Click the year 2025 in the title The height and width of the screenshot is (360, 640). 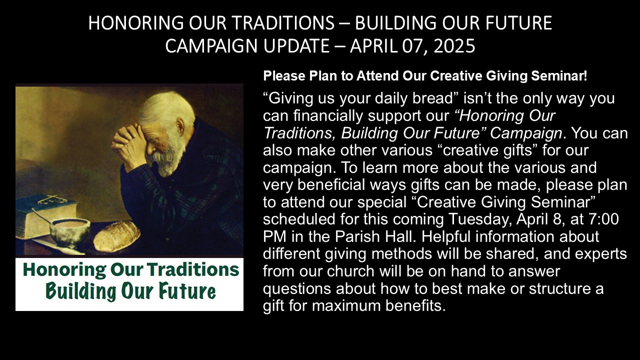click(454, 45)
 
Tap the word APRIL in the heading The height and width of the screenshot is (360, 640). click(373, 45)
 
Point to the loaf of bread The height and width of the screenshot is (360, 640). click(117, 236)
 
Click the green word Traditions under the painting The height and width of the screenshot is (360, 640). click(193, 269)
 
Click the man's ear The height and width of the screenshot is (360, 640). click(181, 125)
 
